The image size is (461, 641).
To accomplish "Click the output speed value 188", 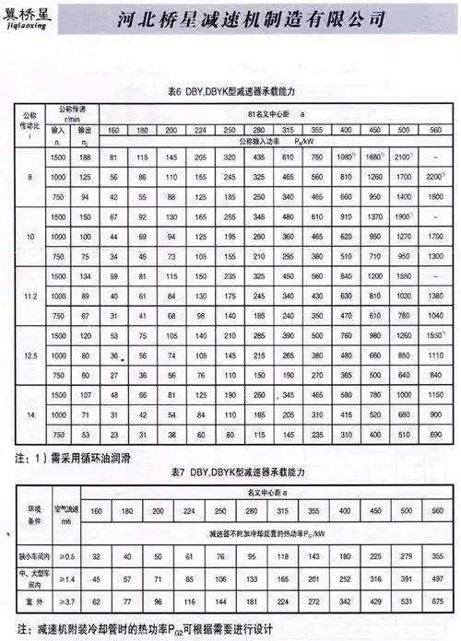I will pos(86,158).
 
